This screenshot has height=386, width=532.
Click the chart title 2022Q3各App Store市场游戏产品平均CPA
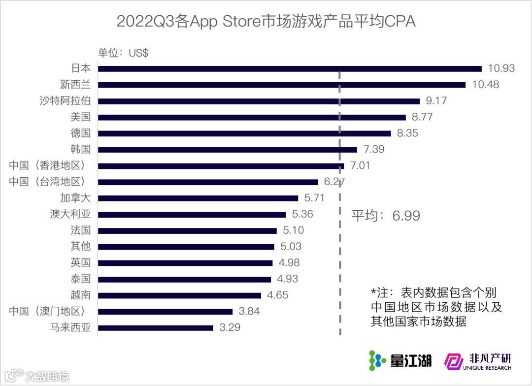[x=266, y=22]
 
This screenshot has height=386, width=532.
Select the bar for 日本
[x=290, y=68]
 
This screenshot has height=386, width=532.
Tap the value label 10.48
[x=485, y=85]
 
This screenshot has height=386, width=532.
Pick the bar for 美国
[x=252, y=117]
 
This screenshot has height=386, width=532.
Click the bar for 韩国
[x=228, y=150]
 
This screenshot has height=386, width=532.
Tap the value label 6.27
[x=334, y=182]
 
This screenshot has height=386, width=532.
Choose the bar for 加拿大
[x=198, y=198]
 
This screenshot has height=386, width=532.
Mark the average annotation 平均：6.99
[x=386, y=216]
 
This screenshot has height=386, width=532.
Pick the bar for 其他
[x=186, y=247]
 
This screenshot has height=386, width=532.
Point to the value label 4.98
[x=288, y=263]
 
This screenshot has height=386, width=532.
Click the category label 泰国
[x=81, y=279]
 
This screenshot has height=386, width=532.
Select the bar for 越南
[x=179, y=295]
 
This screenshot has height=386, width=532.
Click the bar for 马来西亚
[x=156, y=328]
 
